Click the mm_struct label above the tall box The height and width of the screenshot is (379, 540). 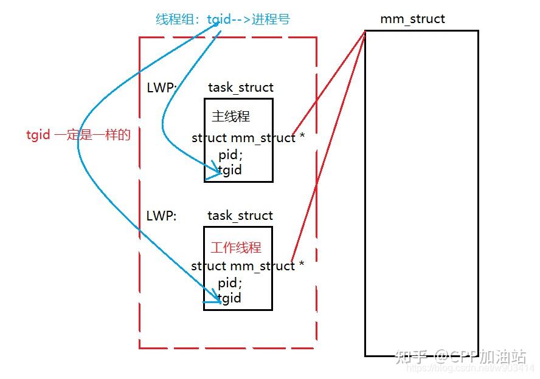pyautogui.click(x=412, y=19)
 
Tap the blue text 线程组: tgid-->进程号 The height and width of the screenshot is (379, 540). pyautogui.click(x=223, y=19)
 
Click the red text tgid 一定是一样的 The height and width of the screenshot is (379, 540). pyautogui.click(x=78, y=135)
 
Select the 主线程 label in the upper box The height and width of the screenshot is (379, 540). pyautogui.click(x=230, y=116)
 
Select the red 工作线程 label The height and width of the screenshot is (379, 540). pyautogui.click(x=236, y=247)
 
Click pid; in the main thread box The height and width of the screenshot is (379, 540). pyautogui.click(x=230, y=155)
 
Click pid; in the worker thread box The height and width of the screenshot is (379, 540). pyautogui.click(x=230, y=283)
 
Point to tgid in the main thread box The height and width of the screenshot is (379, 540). pyautogui.click(x=230, y=169)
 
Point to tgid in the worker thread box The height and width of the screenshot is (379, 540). pyautogui.click(x=230, y=298)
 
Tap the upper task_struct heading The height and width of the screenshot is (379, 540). pyautogui.click(x=241, y=87)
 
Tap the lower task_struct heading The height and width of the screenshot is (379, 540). pyautogui.click(x=240, y=216)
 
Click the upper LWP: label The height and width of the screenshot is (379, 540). pyautogui.click(x=162, y=87)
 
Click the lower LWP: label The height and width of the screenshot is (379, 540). pyautogui.click(x=161, y=216)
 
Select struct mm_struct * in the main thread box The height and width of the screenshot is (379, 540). pyautogui.click(x=248, y=138)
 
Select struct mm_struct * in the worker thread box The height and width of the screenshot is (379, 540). pyautogui.click(x=247, y=266)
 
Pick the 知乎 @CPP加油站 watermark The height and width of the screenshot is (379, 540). pyautogui.click(x=460, y=357)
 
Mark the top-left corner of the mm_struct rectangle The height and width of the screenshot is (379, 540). pyautogui.click(x=365, y=31)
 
